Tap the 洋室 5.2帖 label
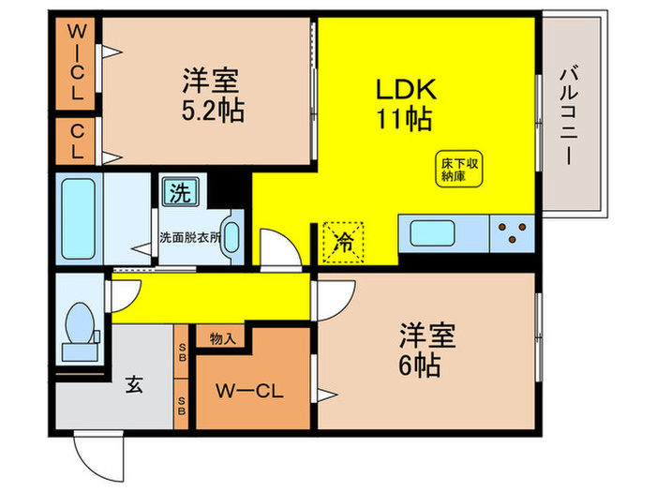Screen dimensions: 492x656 [213, 97]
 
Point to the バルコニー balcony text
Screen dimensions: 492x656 [568, 113]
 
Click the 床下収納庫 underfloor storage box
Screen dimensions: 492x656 [460, 170]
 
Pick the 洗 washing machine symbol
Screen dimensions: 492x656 [179, 193]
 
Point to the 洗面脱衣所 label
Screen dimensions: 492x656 [189, 237]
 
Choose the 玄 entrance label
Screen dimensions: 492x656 [134, 384]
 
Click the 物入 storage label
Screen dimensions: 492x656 [222, 337]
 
